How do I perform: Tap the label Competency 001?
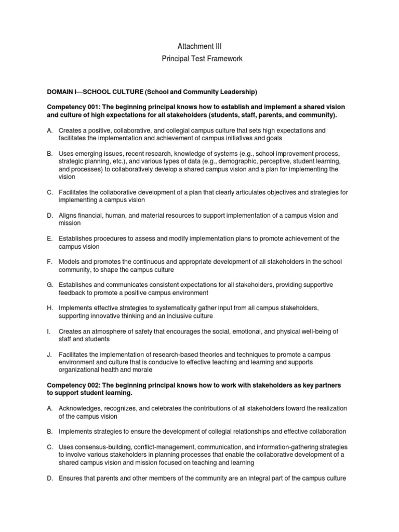coord(72,107)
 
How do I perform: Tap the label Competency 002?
coord(72,385)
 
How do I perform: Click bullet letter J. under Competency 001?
coord(50,354)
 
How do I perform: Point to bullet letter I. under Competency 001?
coord(49,331)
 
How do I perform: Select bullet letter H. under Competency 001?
coord(50,308)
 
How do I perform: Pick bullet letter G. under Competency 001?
coord(50,285)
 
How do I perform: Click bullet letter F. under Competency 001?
coord(50,262)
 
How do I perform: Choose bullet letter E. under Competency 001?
coord(50,238)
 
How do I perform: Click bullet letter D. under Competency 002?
coord(50,478)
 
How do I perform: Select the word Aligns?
coord(68,215)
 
